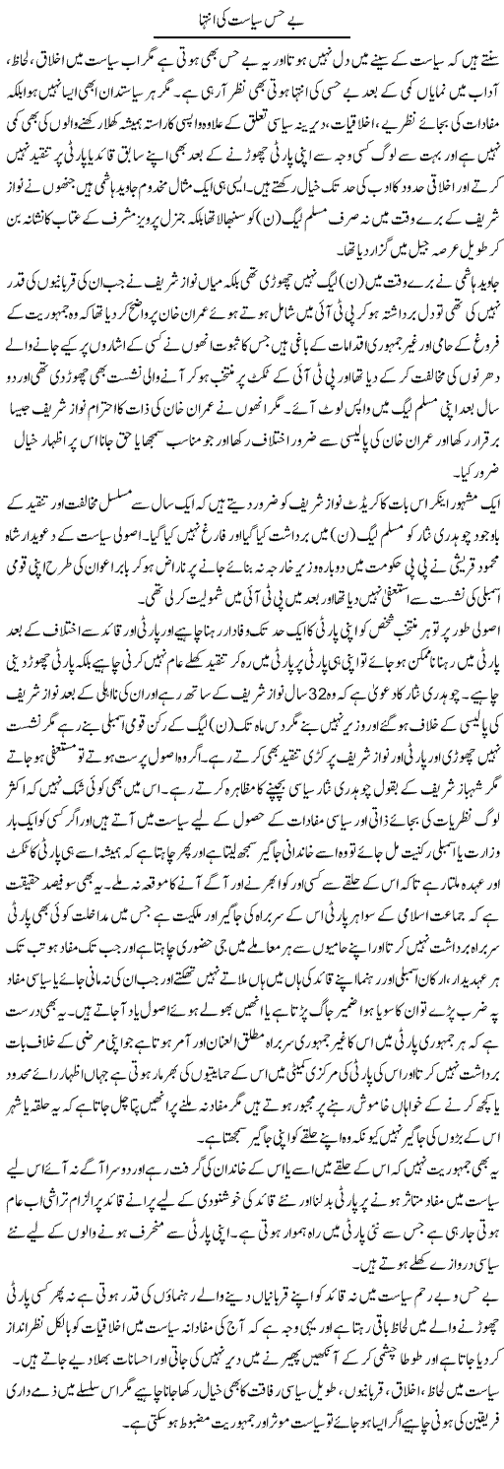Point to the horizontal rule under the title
(252, 37)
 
